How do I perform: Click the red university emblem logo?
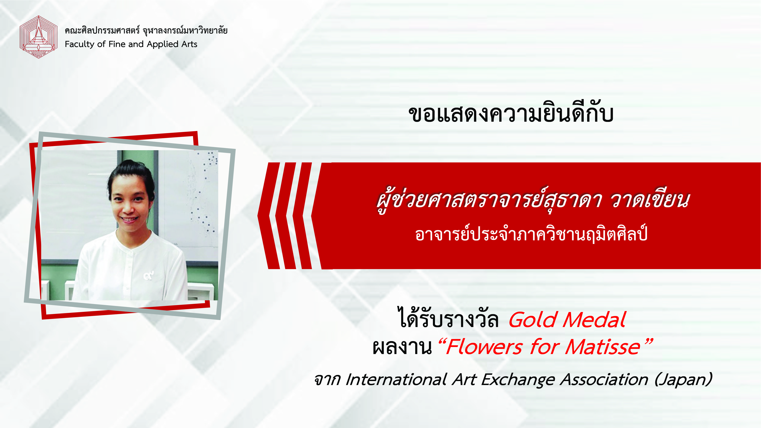point(38,37)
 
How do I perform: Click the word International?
point(396,380)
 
